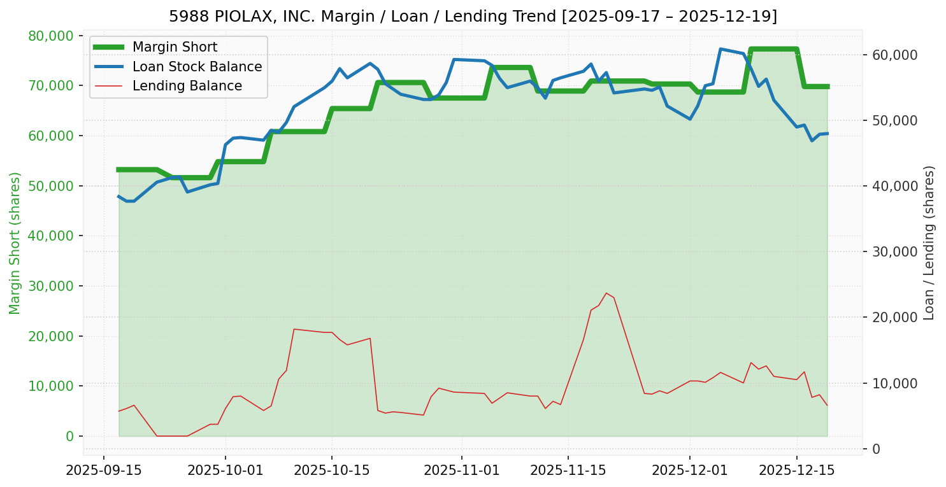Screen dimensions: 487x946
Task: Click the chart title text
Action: click(x=473, y=16)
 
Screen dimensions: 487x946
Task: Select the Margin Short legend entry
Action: click(x=175, y=47)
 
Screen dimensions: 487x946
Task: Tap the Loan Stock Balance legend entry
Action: click(x=197, y=67)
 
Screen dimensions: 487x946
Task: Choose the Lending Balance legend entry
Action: click(x=187, y=86)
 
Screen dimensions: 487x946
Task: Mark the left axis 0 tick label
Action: click(x=70, y=436)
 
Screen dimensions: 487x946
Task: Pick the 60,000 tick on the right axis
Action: click(x=894, y=55)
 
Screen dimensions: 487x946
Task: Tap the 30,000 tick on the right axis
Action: click(x=894, y=251)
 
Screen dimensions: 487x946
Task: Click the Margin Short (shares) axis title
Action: click(x=15, y=243)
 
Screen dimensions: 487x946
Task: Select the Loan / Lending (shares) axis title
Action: click(x=929, y=243)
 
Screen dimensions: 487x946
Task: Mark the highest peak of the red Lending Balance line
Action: click(x=606, y=293)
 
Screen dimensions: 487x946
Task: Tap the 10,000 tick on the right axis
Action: click(x=894, y=383)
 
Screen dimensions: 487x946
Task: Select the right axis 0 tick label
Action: click(x=876, y=449)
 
